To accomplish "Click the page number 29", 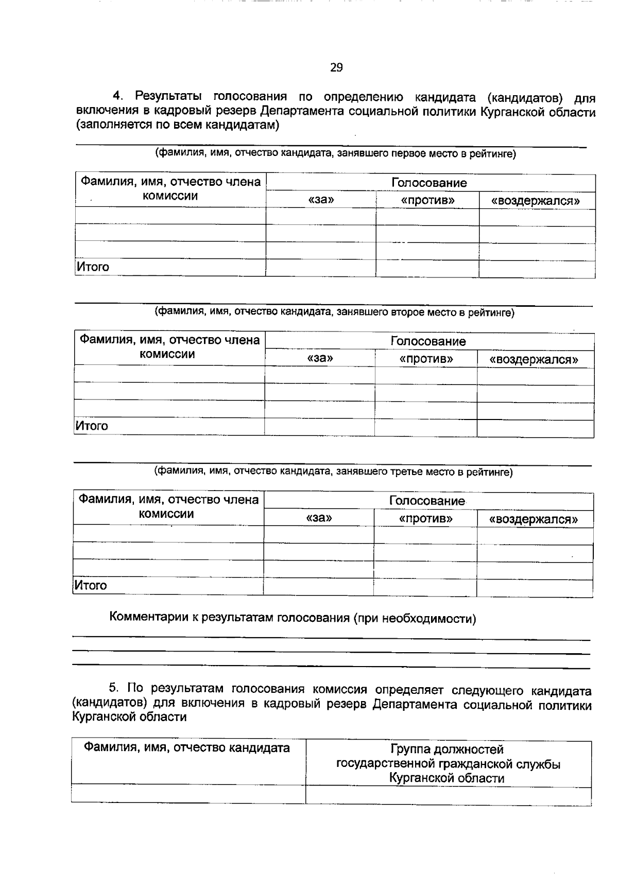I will click(336, 67).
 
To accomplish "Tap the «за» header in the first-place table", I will click(321, 200).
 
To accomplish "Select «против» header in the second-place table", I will click(426, 358).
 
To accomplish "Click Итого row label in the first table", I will click(93, 267).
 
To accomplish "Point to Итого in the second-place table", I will click(92, 426).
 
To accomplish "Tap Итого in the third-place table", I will click(91, 585).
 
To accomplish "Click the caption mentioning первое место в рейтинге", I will click(335, 153).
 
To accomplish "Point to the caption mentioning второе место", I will click(335, 312).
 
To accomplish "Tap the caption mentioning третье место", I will click(334, 471).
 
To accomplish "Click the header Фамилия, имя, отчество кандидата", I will click(187, 748).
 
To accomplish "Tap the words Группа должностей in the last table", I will click(447, 749).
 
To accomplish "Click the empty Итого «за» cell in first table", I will click(321, 268).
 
